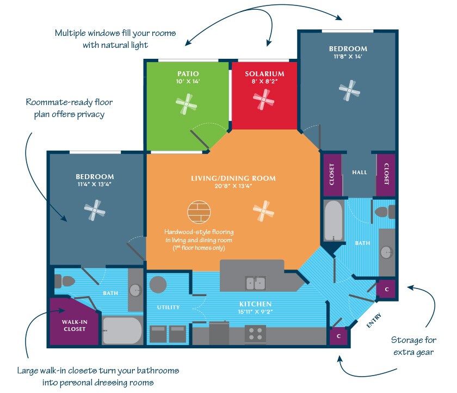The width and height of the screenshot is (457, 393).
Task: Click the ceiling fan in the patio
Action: (x=187, y=103)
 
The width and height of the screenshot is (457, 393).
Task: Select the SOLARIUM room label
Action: (x=264, y=73)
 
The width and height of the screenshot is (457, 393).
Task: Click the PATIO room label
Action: (x=188, y=73)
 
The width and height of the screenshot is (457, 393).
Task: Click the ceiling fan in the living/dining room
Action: (x=264, y=211)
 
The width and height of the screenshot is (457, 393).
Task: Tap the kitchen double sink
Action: (x=255, y=283)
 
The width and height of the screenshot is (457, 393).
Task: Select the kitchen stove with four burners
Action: (x=255, y=334)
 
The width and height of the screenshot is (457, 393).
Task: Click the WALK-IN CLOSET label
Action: (x=74, y=325)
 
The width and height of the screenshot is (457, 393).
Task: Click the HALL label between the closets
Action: (x=360, y=172)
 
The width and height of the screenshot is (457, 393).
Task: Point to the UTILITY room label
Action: (x=168, y=308)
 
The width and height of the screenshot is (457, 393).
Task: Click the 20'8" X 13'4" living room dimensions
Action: (x=233, y=186)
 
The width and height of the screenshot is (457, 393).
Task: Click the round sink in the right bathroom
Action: (x=386, y=252)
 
